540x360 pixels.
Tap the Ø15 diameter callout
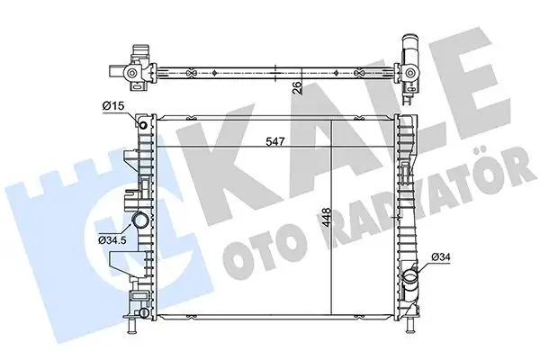coord(113,106)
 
